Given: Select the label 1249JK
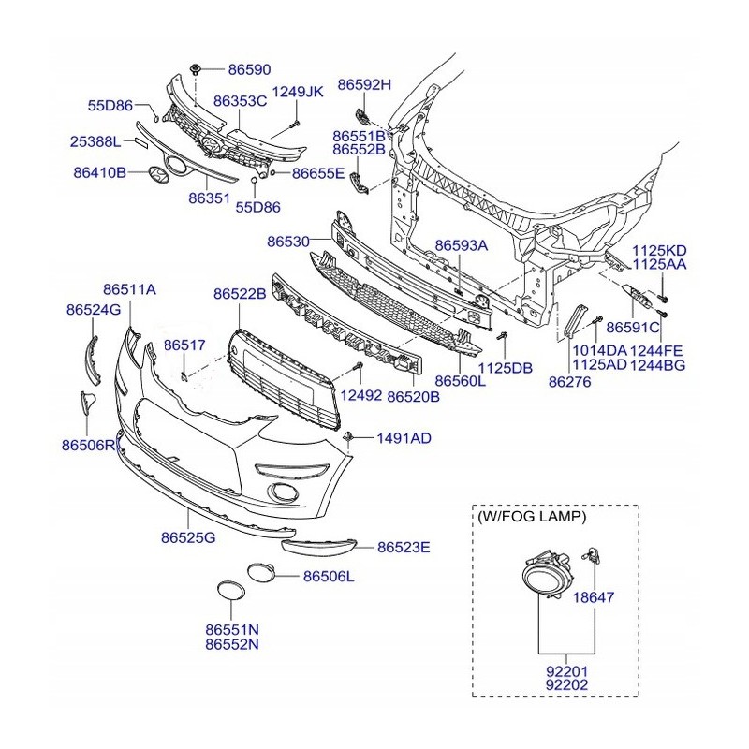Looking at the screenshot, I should [297, 92].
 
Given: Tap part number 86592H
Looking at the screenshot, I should [364, 85].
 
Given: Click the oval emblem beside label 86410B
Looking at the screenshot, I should [170, 171].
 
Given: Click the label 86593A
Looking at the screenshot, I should [462, 245].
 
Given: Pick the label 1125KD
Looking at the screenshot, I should [659, 250].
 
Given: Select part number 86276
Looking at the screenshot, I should [570, 381].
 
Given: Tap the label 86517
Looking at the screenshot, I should [184, 345].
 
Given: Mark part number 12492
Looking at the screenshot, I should [360, 395].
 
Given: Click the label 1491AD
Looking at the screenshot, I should [404, 437].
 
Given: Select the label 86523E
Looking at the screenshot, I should [404, 547].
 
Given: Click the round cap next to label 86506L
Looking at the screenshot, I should [259, 569].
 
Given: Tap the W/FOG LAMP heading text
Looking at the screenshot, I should [532, 517].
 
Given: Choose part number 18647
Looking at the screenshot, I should [594, 596].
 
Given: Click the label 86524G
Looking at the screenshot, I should [94, 309].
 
